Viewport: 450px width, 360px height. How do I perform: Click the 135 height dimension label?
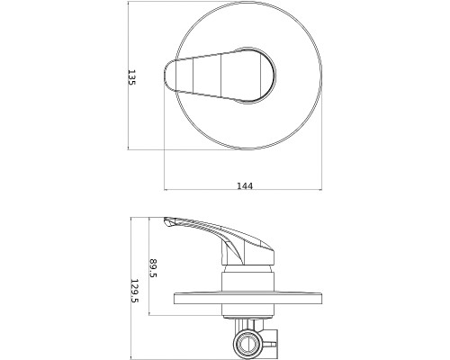132,77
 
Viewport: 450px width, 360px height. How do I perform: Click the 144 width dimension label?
245,186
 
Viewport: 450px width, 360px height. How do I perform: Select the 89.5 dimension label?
153,268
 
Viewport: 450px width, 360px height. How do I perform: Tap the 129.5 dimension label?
134,291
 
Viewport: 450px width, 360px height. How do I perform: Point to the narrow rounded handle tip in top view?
167,75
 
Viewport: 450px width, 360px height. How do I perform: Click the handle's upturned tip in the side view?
168,221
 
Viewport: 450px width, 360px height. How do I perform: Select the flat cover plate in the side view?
247,298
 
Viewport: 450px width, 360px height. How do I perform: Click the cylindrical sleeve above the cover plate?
247,281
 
